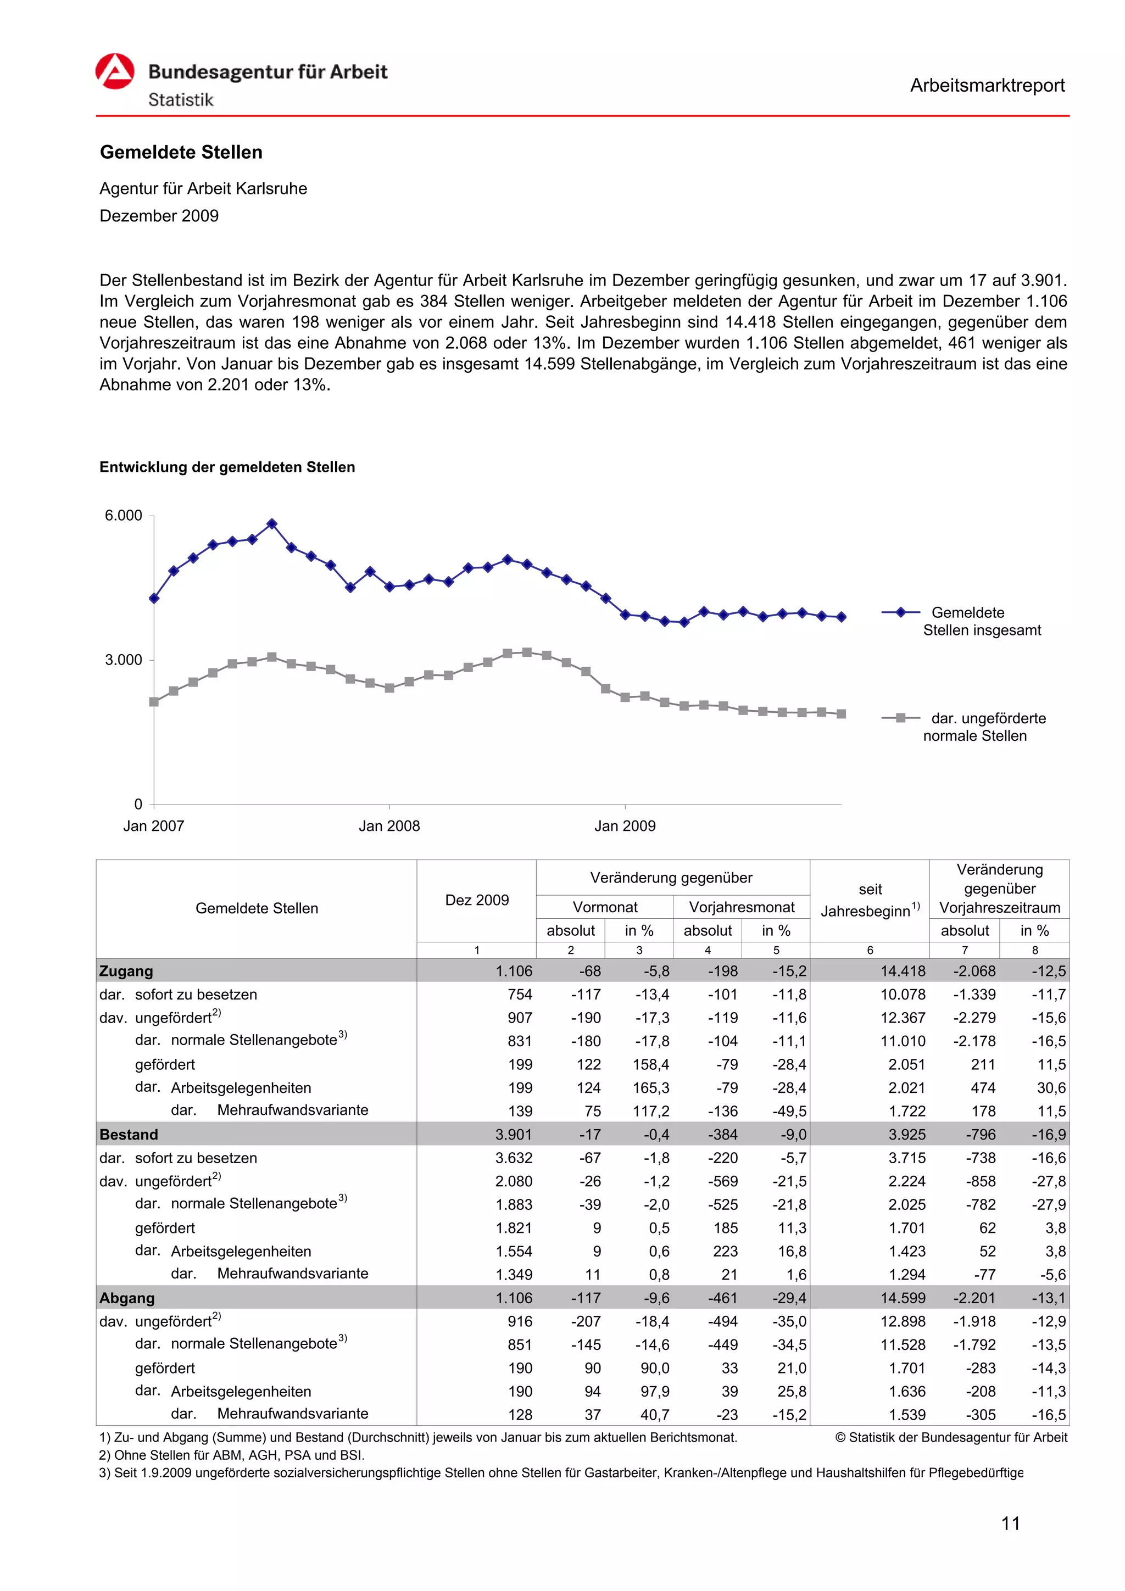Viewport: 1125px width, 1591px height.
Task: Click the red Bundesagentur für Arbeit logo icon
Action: [x=114, y=71]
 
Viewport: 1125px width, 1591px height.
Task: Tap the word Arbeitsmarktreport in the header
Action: [x=987, y=85]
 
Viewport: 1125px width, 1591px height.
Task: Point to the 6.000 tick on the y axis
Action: [x=124, y=516]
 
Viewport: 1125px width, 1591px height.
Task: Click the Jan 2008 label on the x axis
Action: [x=389, y=825]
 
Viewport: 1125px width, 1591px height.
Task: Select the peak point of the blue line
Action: [x=272, y=524]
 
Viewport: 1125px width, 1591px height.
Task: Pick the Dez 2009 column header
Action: [x=476, y=900]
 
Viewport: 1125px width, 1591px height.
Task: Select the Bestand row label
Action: [x=129, y=1135]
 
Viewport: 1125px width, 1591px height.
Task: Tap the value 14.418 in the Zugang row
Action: [x=903, y=971]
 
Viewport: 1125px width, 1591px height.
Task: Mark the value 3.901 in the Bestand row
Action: [x=514, y=1135]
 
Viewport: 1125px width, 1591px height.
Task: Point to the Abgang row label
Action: [x=127, y=1298]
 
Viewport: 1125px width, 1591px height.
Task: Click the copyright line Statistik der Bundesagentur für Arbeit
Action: [x=951, y=1438]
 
